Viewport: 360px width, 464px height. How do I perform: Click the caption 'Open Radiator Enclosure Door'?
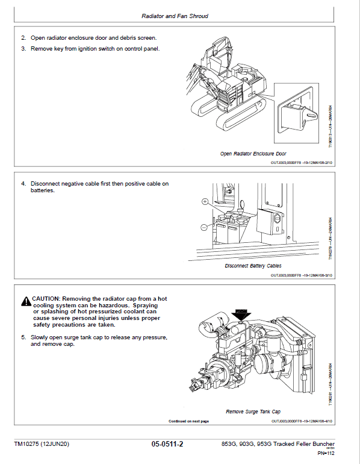pos(253,154)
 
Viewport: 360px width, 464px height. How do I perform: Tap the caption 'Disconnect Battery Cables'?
pos(253,266)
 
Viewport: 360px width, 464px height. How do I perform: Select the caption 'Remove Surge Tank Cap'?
pos(253,412)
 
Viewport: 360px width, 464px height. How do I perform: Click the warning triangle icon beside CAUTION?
pos(25,299)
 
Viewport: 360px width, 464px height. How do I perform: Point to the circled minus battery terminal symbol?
pos(205,227)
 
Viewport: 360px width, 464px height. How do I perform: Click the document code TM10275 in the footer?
pos(28,445)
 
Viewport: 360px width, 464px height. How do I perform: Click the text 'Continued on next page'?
pos(188,421)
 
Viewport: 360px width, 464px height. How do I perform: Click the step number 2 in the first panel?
pos(23,38)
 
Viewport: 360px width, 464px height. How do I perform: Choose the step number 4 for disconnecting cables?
pos(23,183)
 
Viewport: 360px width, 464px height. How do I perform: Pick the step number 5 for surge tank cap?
pos(23,337)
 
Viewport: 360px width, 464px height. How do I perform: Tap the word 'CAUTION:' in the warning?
pos(46,299)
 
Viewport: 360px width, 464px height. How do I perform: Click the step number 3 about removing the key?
pos(23,48)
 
